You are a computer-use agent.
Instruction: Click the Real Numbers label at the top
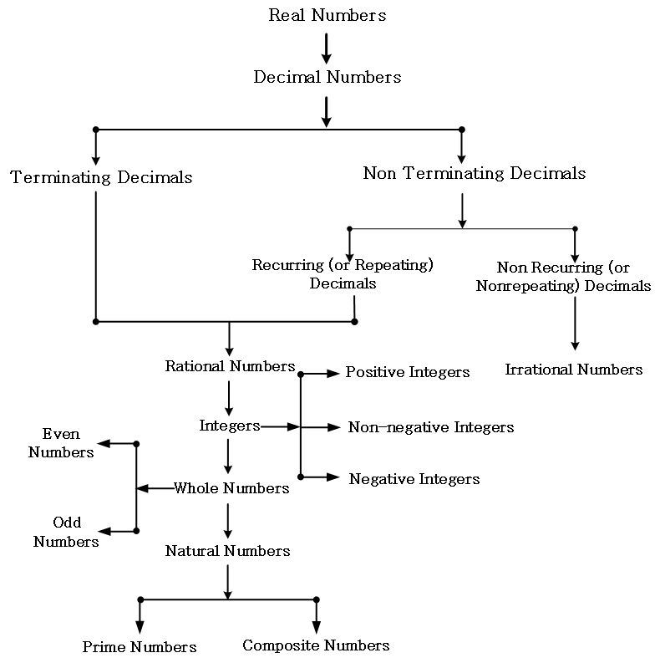point(327,15)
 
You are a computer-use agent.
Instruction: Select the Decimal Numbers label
point(327,77)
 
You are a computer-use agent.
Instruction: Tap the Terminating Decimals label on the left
point(101,177)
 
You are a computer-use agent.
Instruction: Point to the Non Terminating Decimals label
point(474,174)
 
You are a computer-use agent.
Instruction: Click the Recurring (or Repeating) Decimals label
point(343,274)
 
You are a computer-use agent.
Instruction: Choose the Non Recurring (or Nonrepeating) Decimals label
point(563,277)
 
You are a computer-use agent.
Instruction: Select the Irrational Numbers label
point(573,370)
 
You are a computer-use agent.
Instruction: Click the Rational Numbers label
point(230,366)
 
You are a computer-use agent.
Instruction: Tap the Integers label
point(230,426)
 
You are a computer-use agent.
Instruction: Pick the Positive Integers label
point(408,372)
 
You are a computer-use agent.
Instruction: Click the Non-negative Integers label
point(430,427)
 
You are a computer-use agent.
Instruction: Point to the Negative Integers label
point(414,479)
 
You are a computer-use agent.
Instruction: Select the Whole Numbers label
point(231,488)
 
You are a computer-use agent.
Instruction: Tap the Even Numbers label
point(61,443)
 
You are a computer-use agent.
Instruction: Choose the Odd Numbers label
point(66,532)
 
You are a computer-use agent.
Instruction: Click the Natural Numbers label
point(227,551)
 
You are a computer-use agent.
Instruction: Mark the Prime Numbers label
point(140,647)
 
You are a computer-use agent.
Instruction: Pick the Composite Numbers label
point(316,645)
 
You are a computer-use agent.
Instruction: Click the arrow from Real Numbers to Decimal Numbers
point(327,47)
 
